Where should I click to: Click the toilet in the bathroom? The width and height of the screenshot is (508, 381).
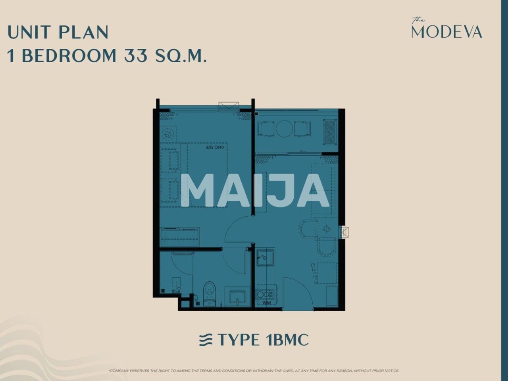[209, 294]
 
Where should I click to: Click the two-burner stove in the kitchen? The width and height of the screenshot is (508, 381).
[264, 294]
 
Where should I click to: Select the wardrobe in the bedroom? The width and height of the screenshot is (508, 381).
[179, 237]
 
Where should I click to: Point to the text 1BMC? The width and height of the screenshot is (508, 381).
[285, 340]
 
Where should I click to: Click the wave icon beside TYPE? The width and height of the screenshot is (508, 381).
[206, 340]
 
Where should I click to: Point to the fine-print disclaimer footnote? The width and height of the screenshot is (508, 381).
[254, 371]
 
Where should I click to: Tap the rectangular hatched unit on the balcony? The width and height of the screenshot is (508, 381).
[330, 132]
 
